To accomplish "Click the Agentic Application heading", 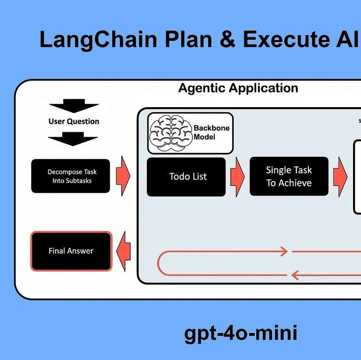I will click(238, 89).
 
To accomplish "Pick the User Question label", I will click(74, 121).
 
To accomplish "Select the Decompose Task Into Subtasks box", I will click(72, 176).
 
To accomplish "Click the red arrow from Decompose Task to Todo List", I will click(123, 176).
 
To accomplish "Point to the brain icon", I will click(171, 133).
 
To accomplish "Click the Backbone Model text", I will click(211, 132).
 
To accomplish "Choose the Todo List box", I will click(186, 177).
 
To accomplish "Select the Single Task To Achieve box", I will click(289, 177).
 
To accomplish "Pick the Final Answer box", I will click(71, 251).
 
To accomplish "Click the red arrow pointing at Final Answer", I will click(123, 250).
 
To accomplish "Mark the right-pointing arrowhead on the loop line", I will click(283, 251).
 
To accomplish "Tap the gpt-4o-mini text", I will click(240, 333).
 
